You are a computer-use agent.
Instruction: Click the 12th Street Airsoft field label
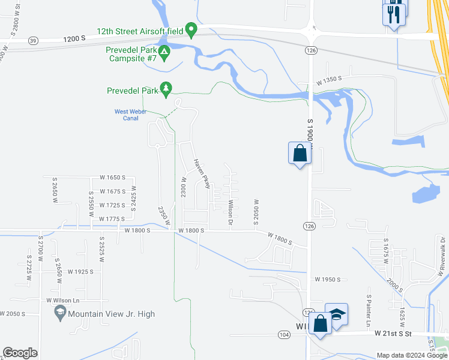140,31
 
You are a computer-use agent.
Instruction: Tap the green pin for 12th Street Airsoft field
191,29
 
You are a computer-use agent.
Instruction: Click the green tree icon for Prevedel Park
166,90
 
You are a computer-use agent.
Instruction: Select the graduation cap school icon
337,314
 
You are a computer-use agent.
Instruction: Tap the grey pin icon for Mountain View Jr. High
60,312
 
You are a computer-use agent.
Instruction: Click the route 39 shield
32,40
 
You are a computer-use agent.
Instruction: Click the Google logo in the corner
20,353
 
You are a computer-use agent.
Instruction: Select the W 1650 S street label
113,178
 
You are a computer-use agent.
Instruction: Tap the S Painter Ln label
367,307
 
